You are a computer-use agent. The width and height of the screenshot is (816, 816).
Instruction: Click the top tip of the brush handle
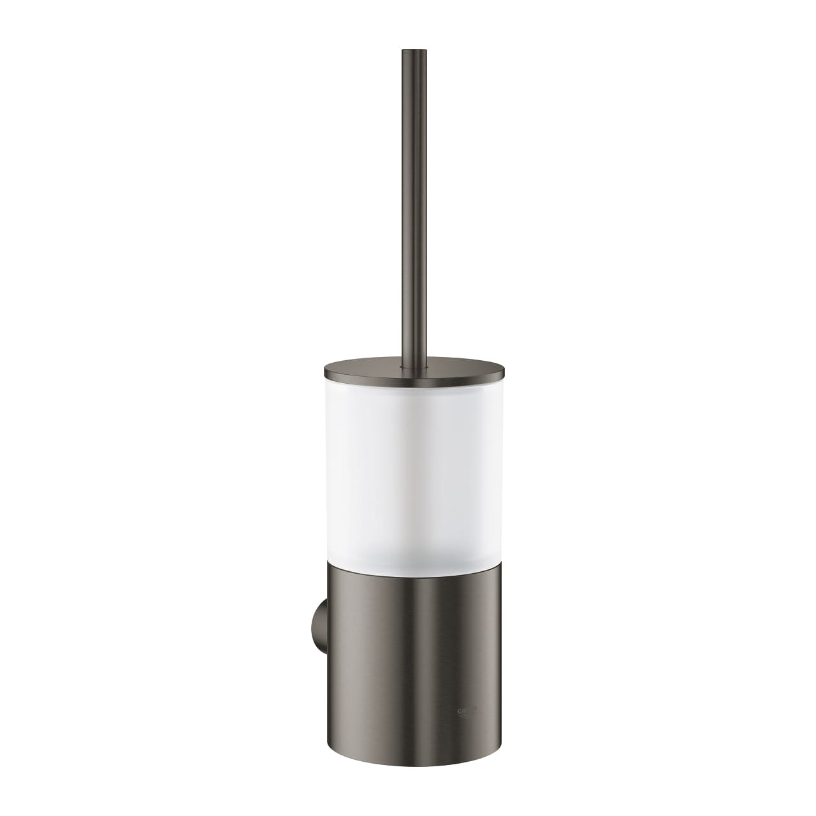click(409, 50)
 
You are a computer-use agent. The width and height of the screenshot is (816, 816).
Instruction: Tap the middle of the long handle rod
click(409, 204)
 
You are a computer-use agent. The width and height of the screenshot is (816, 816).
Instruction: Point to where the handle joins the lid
click(409, 361)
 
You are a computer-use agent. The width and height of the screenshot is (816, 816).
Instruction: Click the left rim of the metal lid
click(326, 368)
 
